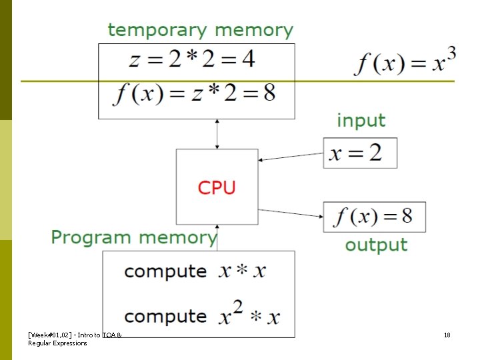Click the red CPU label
click(217, 187)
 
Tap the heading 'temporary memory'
click(200, 30)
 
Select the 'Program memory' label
click(134, 237)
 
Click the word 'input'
click(361, 121)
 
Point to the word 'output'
click(375, 245)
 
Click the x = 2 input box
click(360, 153)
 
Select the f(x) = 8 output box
click(374, 217)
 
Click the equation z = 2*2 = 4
click(192, 59)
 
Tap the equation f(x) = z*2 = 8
click(194, 93)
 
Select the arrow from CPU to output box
click(291, 211)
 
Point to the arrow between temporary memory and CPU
click(217, 134)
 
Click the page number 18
click(447, 335)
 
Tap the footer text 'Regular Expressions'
click(57, 343)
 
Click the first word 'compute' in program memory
click(165, 271)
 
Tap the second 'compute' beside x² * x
click(165, 315)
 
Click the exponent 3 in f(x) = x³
click(451, 55)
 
